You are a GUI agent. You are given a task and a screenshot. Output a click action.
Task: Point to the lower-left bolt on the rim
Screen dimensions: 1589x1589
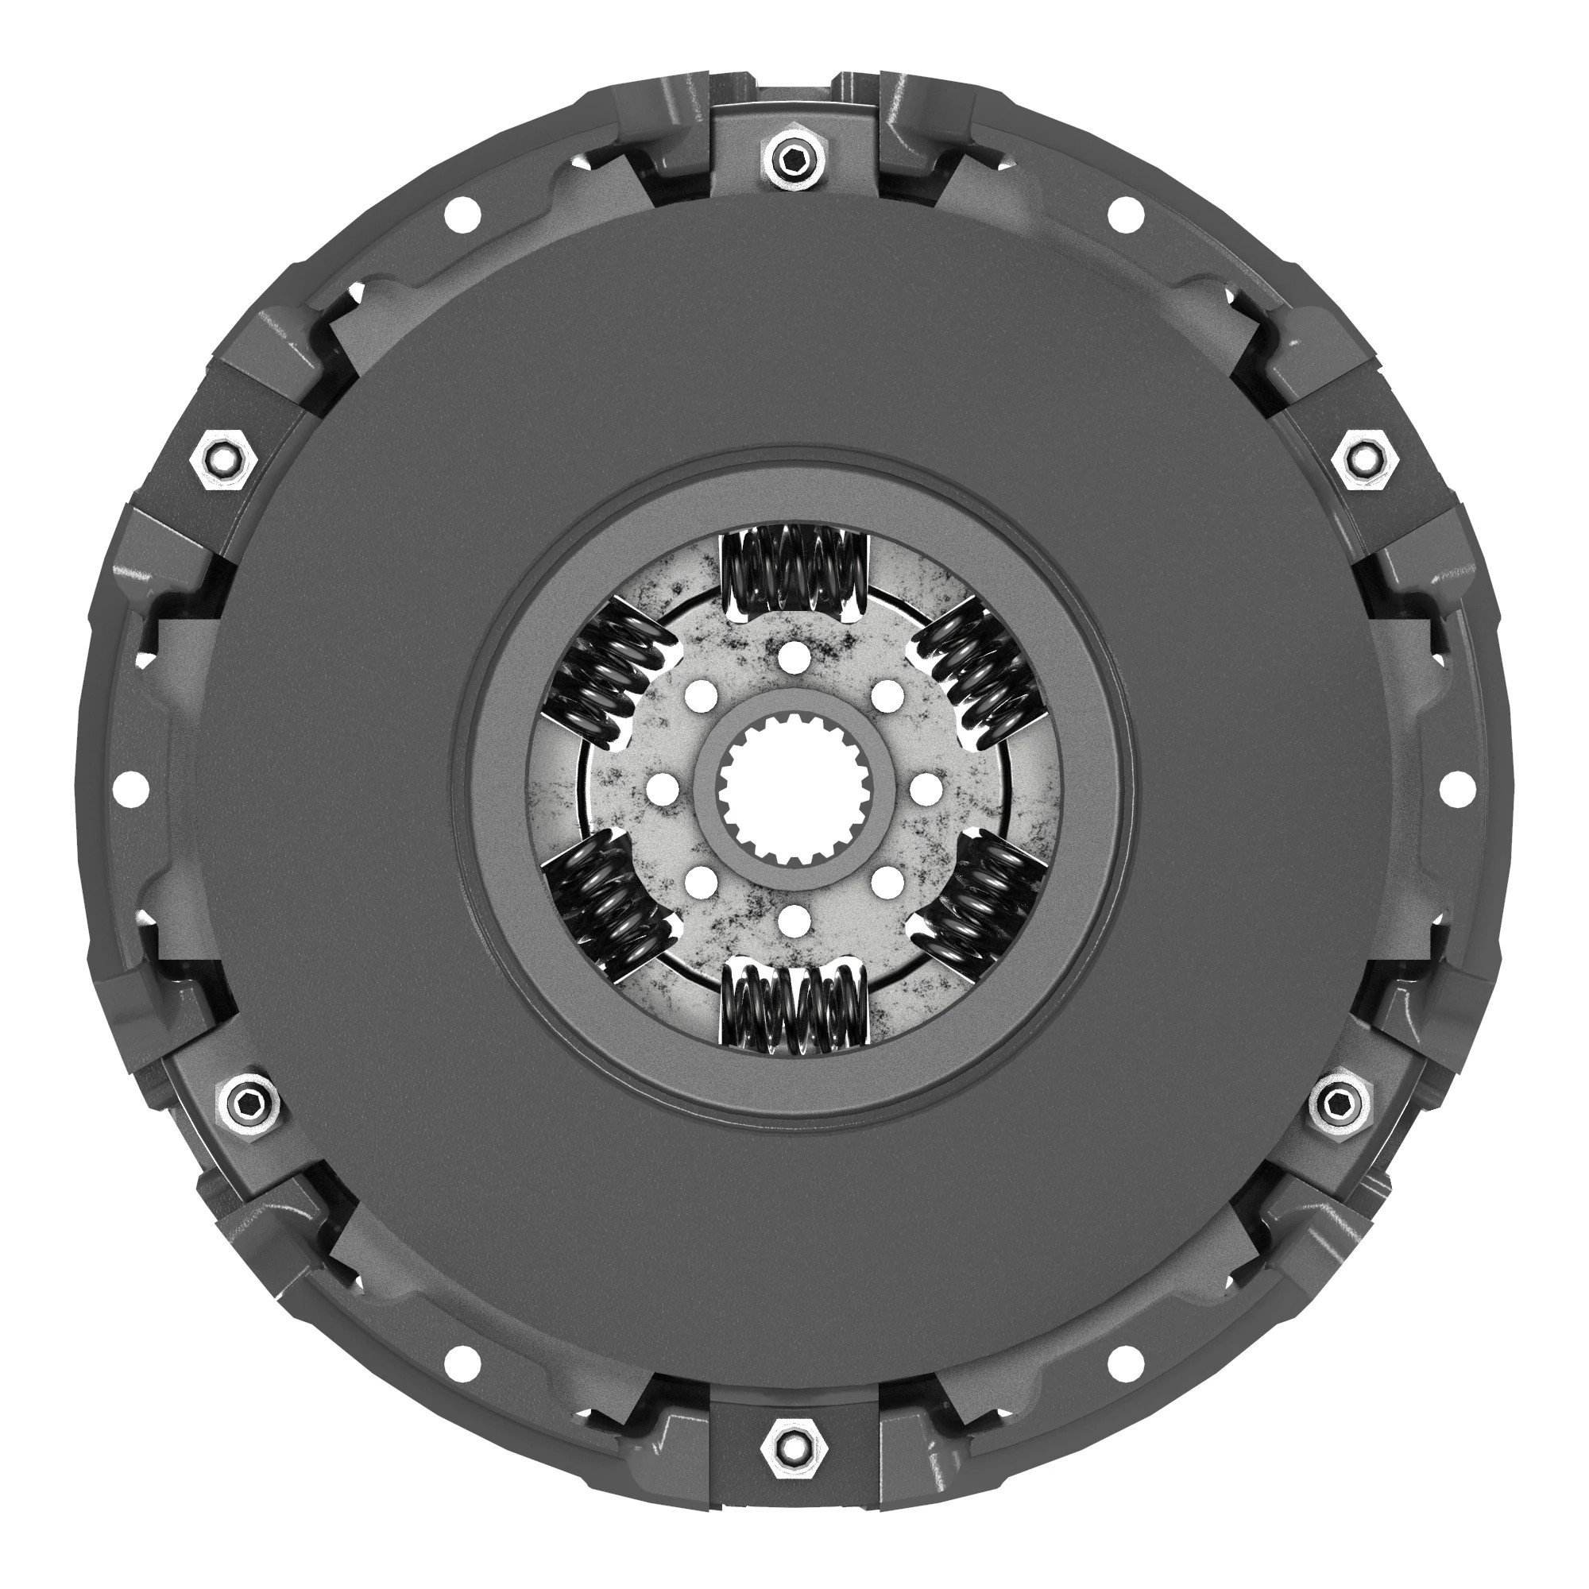(246, 1100)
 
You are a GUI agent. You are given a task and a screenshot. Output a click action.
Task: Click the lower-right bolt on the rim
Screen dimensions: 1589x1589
(1341, 1100)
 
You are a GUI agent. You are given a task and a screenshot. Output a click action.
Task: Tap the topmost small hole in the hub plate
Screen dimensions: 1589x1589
(794, 655)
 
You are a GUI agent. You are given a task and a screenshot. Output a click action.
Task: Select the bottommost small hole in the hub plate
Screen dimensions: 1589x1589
(794, 921)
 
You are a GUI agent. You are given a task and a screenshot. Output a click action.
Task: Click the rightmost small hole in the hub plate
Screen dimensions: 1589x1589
(927, 791)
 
